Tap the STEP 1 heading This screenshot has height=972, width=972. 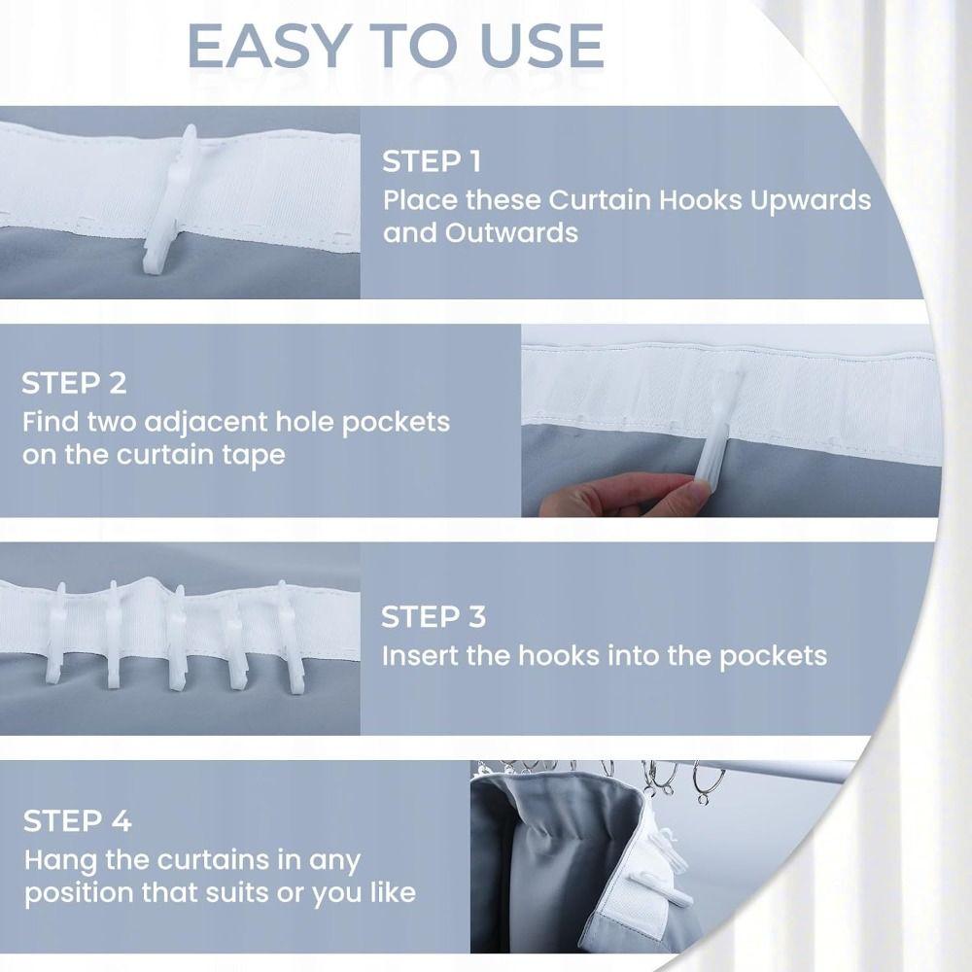tap(432, 161)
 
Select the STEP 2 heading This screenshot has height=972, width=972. tap(74, 383)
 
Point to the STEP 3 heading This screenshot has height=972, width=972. tap(433, 617)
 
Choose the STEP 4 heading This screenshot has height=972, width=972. tap(77, 821)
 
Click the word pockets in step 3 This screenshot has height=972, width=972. tap(773, 655)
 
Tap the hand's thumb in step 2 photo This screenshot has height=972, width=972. tap(680, 499)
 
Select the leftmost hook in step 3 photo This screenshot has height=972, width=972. tap(57, 631)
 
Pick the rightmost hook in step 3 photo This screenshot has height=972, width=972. tap(290, 637)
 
